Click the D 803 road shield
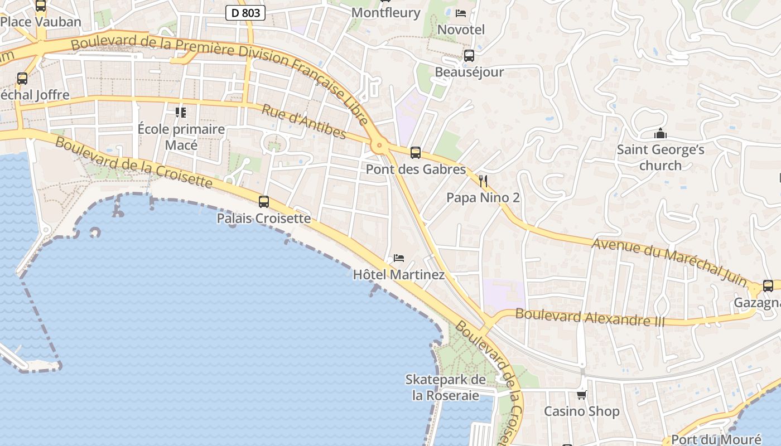[245, 12]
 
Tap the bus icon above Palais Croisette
[264, 202]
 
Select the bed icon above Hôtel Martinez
[398, 258]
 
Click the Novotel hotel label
[461, 29]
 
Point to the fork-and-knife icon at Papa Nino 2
[483, 181]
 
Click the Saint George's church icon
[661, 134]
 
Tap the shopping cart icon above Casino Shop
[581, 395]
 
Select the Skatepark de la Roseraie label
[446, 387]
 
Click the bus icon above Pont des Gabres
[415, 153]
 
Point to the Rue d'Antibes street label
[303, 122]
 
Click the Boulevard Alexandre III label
[590, 317]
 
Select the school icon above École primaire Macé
[181, 113]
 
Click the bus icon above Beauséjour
[469, 56]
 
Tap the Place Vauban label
[41, 22]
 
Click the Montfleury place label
[386, 12]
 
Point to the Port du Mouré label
[716, 439]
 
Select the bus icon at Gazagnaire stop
[768, 286]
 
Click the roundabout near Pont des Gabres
[380, 146]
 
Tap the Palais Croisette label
[264, 218]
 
